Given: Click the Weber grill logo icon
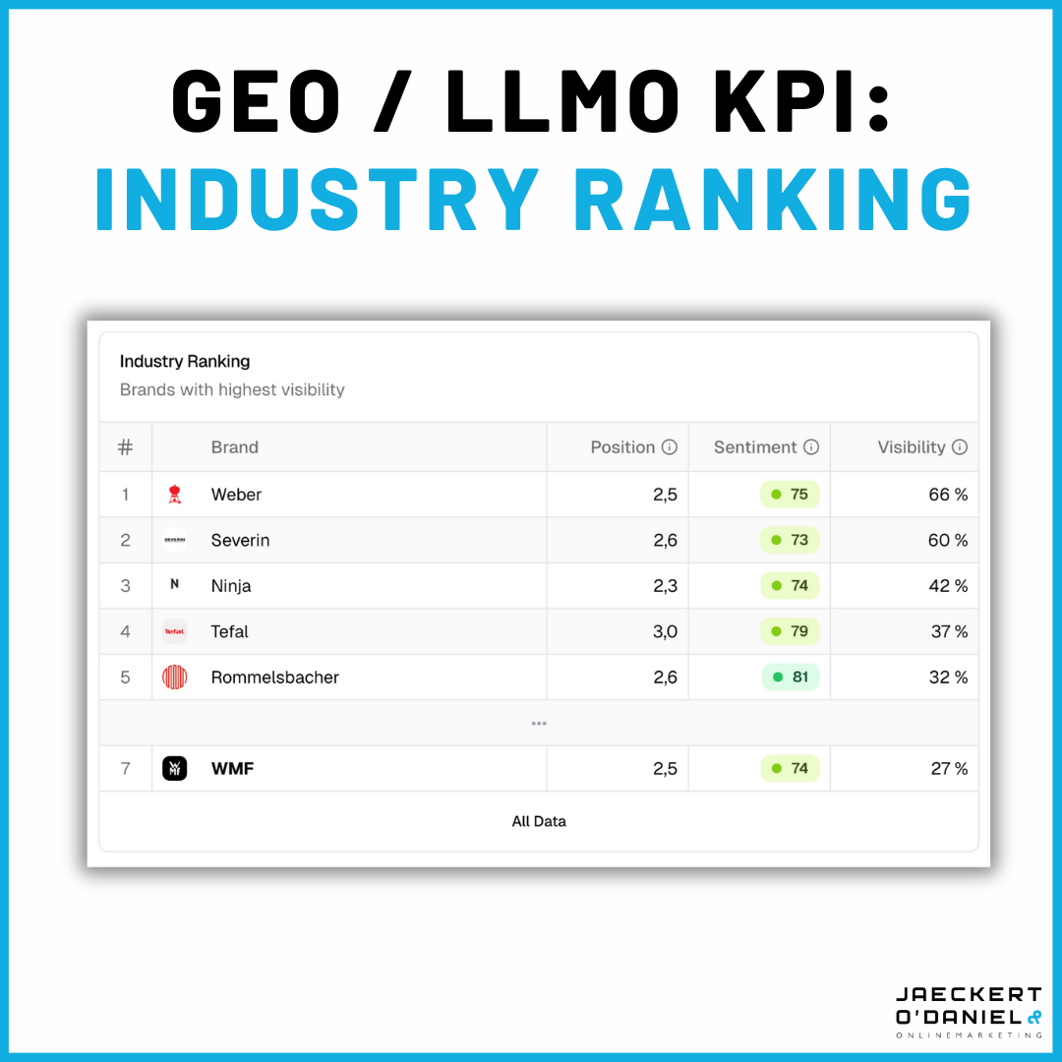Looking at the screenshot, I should coord(174,495).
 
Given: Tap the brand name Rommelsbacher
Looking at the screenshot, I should coord(274,678).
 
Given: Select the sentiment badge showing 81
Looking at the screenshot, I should coord(791,678).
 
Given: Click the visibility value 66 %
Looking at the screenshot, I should coord(948,495).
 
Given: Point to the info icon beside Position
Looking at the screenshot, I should coord(670,447).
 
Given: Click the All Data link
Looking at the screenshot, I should coord(539,821).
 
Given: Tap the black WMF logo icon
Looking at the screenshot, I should coord(174,769).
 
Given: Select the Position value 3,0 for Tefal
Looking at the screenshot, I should coord(665,631).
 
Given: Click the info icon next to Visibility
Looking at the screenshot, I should coord(960,447).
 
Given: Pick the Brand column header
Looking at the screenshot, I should coord(234,447).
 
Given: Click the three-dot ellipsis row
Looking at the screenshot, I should coord(539,724).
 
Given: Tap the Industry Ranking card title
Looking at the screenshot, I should coord(185,362).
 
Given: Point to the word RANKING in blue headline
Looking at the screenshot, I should coord(773,200).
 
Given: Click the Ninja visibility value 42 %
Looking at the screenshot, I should coord(948,586).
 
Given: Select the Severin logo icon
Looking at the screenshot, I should coord(174,541).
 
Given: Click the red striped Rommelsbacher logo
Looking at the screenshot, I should coord(174,678).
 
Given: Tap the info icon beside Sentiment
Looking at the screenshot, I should coord(811,447).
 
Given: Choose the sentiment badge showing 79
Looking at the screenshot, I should coord(791,631).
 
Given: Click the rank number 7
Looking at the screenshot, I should coord(125,769).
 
